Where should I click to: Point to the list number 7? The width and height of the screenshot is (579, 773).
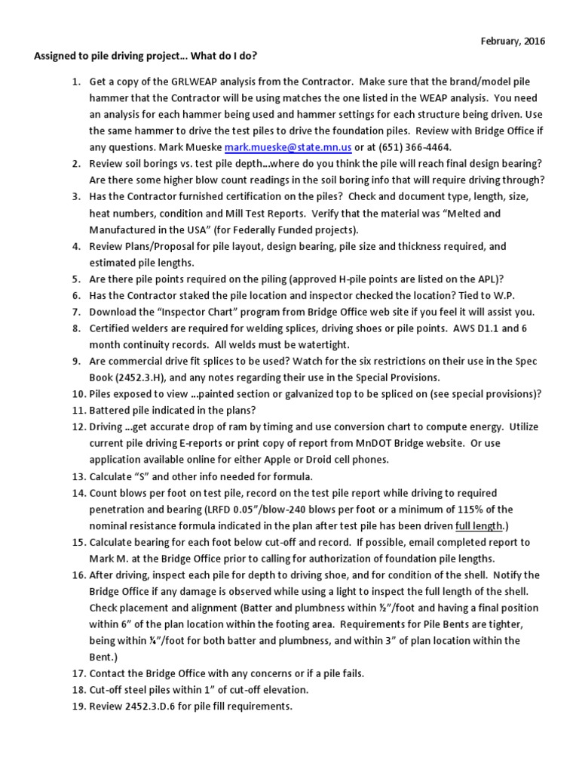pos(78,311)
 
